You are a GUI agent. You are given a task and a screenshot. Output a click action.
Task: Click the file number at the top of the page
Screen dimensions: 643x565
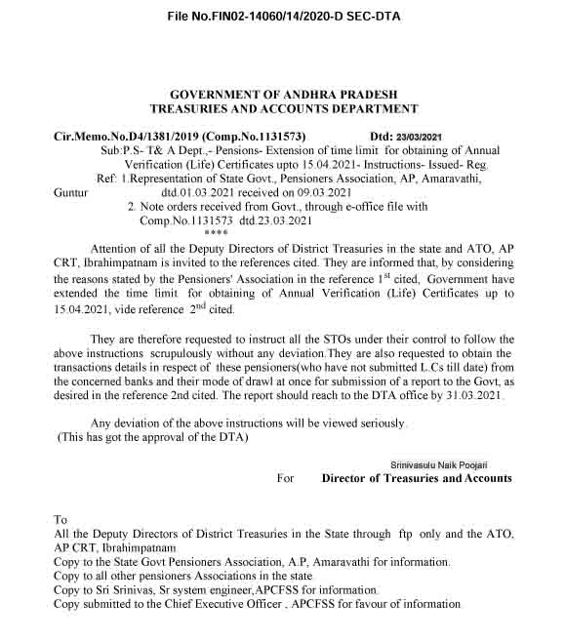click(x=283, y=18)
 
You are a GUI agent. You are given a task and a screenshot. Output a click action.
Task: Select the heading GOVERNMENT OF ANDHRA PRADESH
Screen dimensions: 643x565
click(x=283, y=94)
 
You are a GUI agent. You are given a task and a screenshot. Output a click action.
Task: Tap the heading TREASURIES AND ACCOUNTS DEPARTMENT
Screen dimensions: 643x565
click(x=283, y=109)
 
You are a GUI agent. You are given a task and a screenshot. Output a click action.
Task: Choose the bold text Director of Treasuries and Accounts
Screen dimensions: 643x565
click(x=417, y=478)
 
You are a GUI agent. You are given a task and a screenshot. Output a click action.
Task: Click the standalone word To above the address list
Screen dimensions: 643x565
click(x=61, y=520)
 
